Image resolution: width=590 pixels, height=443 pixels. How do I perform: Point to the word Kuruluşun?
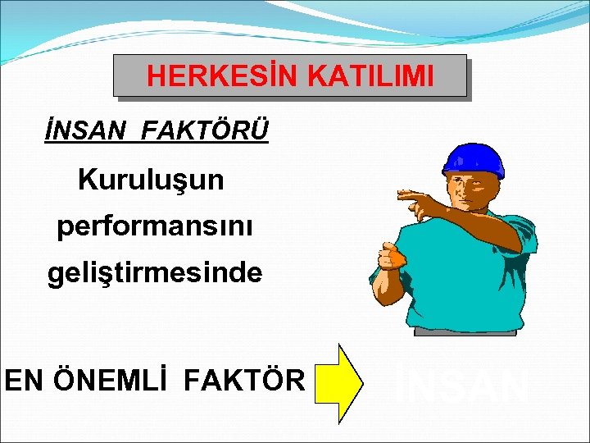click(x=151, y=180)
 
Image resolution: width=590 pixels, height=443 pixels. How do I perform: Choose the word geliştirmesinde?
click(x=155, y=272)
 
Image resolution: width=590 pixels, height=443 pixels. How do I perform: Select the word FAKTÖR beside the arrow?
click(x=245, y=380)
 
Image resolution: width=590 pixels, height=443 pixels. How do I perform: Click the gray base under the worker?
click(x=465, y=331)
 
